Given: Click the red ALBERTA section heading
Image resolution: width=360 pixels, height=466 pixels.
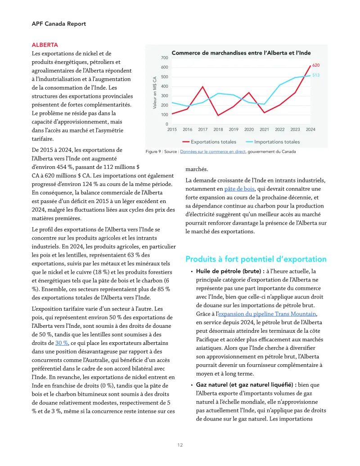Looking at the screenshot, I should coord(45,45).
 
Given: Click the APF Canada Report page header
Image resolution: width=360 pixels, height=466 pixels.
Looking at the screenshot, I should coord(58,23).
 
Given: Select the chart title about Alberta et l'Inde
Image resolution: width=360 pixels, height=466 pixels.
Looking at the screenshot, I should coord(241,53).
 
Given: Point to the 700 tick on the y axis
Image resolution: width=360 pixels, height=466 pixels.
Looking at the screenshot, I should coord(164,58).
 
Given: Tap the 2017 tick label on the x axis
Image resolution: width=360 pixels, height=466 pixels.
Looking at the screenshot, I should coord(202,130).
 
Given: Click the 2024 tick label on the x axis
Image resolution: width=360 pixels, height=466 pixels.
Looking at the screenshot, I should coord(310,130).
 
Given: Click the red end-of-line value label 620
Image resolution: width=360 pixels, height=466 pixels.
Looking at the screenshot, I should coord(316,65).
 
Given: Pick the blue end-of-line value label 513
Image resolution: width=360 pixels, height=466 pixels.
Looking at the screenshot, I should coord(316,75).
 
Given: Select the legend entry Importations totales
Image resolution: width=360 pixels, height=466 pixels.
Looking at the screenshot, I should coord(277,142).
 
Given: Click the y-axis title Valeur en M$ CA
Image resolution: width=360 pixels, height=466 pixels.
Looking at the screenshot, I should coord(154,91).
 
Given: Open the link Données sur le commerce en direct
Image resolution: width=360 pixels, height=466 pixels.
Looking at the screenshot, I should coord(213,152).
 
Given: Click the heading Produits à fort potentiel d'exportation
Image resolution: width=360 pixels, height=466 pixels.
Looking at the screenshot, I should coord(256,259).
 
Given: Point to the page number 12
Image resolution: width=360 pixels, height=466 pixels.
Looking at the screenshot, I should coord(180,445).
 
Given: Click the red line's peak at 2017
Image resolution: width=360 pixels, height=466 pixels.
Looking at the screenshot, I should coord(202,86).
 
